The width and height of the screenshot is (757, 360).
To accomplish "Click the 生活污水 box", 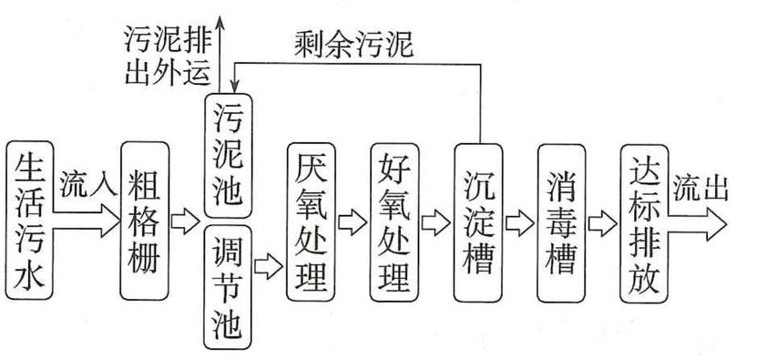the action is click(x=29, y=221).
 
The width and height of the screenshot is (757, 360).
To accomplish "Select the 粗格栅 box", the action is click(x=144, y=221).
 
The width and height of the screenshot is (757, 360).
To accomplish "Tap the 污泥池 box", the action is click(x=228, y=156).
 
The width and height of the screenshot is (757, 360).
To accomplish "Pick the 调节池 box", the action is click(x=228, y=287).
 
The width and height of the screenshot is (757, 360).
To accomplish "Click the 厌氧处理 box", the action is click(x=311, y=221).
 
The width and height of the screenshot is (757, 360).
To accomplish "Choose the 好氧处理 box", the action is click(x=394, y=221).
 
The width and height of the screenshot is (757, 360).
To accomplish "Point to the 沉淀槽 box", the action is click(x=478, y=222).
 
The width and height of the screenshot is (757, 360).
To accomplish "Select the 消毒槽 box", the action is click(x=561, y=223).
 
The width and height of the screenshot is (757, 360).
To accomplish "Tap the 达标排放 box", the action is click(x=645, y=223).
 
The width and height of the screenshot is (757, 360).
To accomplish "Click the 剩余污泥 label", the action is click(x=353, y=46).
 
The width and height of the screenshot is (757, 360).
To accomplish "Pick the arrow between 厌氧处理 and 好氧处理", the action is click(x=353, y=222).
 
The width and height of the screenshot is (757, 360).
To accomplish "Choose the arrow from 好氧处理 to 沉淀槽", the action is click(x=436, y=222).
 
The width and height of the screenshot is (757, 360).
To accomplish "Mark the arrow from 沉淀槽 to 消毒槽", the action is click(x=520, y=223).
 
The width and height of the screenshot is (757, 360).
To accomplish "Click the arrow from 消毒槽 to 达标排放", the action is click(x=603, y=223).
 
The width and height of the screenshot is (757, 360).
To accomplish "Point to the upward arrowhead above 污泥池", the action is click(x=220, y=22).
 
